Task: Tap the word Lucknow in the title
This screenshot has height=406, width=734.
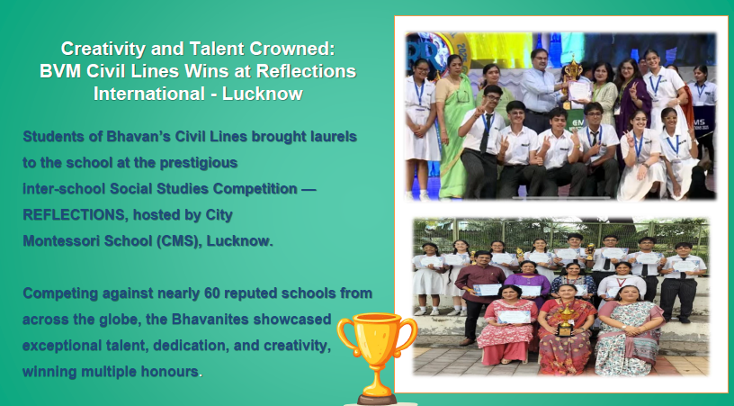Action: (x=263, y=94)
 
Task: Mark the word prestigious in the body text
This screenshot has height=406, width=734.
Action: (x=199, y=163)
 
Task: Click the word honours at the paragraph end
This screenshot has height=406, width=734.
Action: (x=170, y=372)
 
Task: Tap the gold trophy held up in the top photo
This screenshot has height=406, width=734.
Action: (x=572, y=70)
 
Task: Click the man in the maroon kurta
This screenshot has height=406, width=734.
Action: (x=479, y=296)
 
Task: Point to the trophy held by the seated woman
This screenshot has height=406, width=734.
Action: (x=565, y=320)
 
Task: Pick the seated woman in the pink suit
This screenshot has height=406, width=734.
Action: (x=507, y=324)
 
